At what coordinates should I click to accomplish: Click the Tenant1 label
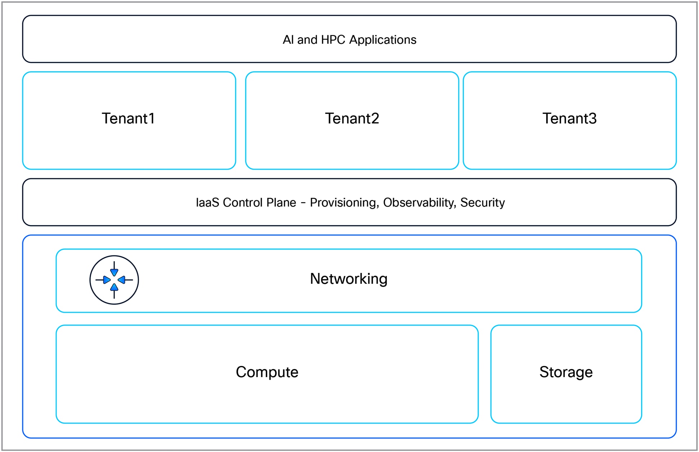(x=128, y=118)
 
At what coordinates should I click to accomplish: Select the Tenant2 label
(x=352, y=118)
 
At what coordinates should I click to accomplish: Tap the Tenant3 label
(x=569, y=118)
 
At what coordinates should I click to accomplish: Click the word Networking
(x=349, y=279)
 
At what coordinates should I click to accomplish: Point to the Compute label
(x=267, y=372)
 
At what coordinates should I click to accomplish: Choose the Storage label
(x=566, y=372)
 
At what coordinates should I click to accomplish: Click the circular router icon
(x=114, y=280)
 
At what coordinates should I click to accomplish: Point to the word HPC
(x=333, y=40)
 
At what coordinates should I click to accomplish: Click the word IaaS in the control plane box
(x=207, y=202)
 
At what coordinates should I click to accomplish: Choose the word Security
(x=482, y=203)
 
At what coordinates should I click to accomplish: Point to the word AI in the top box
(x=288, y=40)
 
